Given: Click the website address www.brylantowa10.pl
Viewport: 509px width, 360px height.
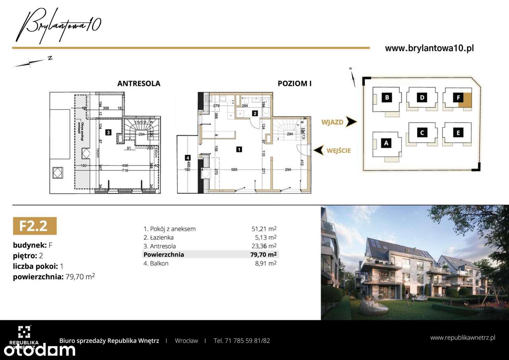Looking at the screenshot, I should [429, 49].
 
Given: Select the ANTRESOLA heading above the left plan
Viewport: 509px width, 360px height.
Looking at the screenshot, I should [139, 84].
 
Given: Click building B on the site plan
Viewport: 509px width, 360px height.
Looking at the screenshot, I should [387, 97].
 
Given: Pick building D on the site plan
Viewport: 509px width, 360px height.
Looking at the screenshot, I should [422, 97].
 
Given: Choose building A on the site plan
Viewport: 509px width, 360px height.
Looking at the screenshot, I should [386, 144].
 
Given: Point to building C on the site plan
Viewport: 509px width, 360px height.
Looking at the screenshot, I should [422, 132].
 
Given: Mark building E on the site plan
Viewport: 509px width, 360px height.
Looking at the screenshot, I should [458, 132].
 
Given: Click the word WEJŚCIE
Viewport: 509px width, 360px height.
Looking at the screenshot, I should [339, 150].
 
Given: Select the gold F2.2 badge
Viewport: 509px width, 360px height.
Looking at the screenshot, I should [35, 226].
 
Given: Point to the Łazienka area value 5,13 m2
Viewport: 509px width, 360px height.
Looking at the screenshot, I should [266, 237].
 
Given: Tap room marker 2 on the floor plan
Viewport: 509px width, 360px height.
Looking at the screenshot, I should [254, 113].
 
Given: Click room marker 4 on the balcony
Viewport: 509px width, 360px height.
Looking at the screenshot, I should [187, 158].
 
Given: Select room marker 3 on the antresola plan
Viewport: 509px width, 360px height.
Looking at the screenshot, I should [108, 131].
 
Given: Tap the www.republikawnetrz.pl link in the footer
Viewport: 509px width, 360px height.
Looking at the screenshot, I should [462, 338].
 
